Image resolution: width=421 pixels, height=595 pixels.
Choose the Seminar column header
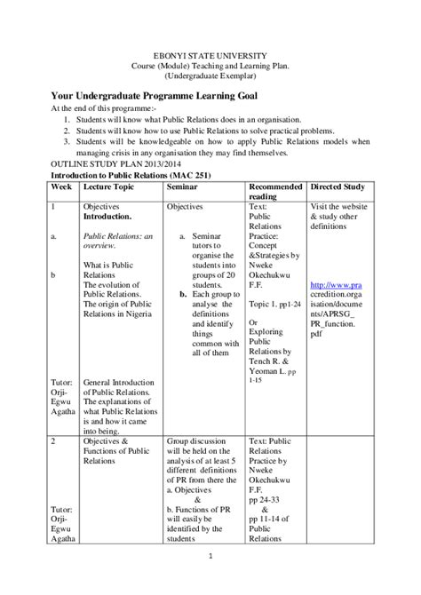189,187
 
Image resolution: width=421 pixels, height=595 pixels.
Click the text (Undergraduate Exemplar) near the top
210,76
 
